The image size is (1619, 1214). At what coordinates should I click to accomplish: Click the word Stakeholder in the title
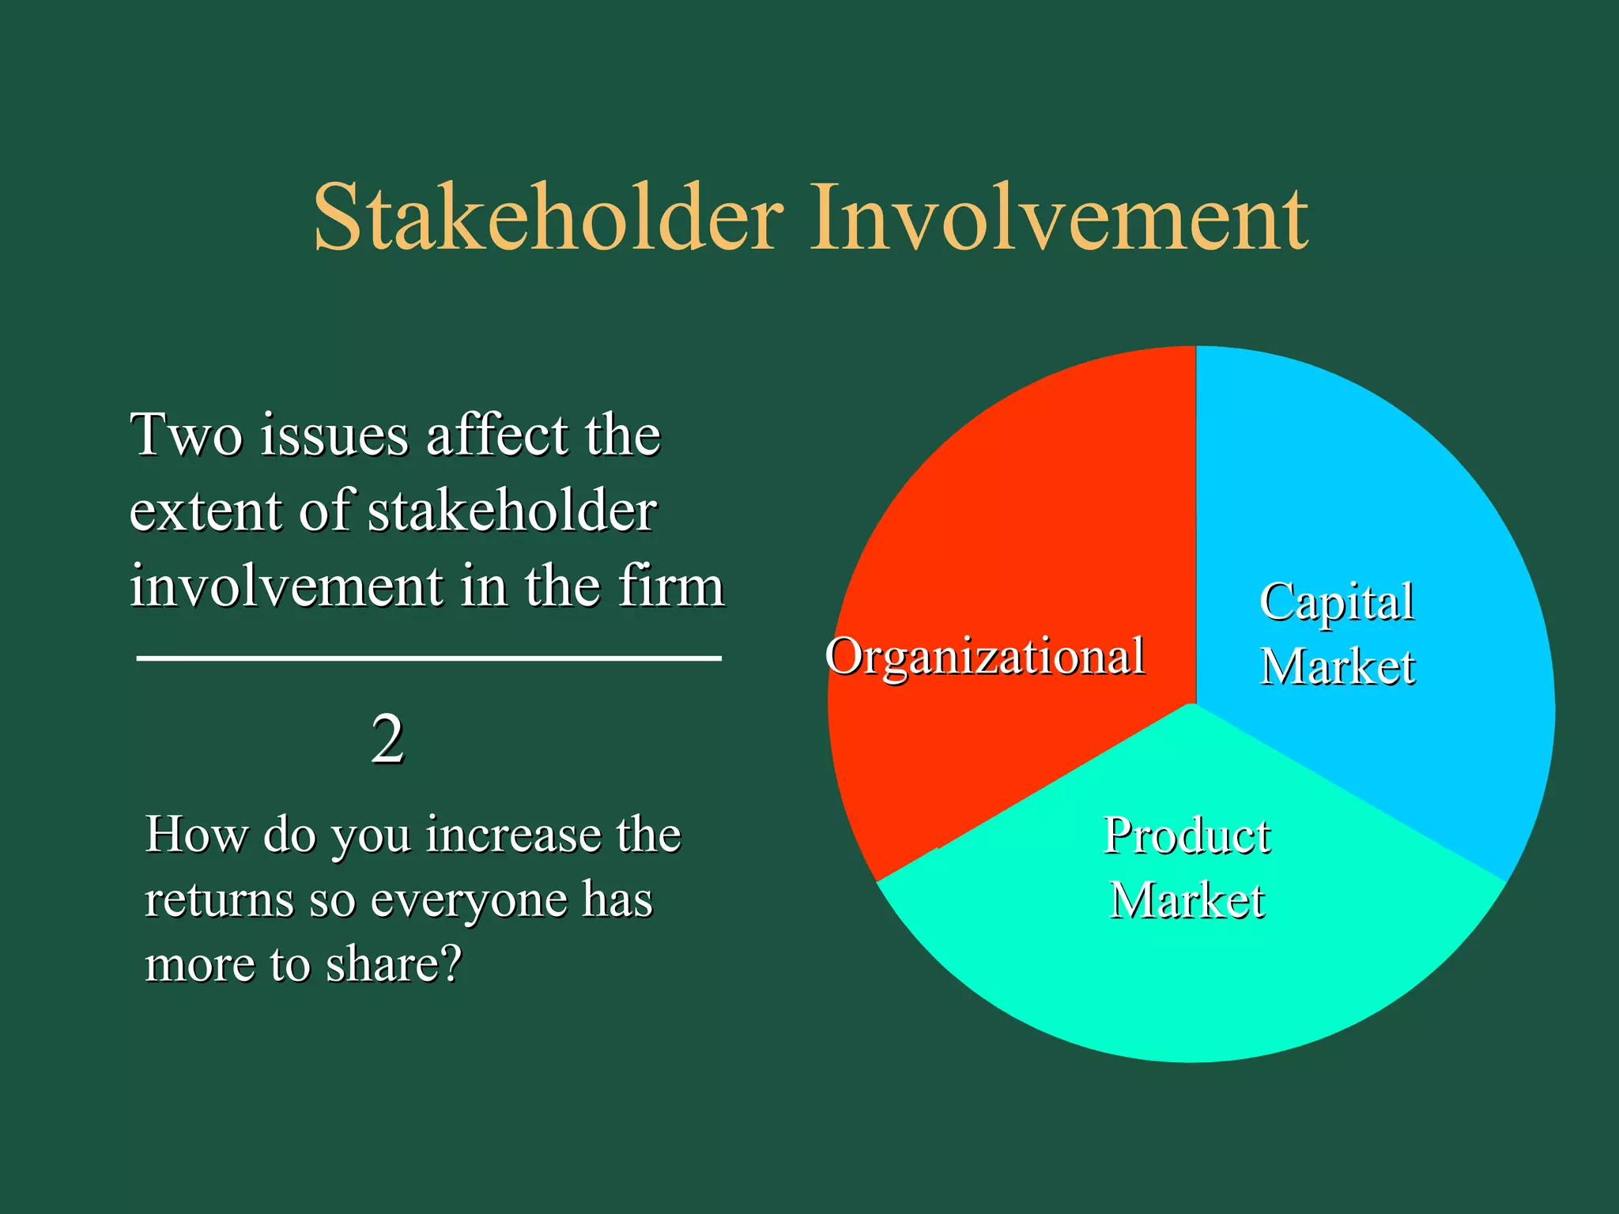549,217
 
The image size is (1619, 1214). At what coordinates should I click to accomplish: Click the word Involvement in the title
1059,217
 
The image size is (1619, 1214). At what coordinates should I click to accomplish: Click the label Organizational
984,656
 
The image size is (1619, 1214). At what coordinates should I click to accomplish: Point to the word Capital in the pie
1336,602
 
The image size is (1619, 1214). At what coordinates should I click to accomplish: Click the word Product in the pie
1186,835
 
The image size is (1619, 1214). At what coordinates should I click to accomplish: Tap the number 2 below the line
387,740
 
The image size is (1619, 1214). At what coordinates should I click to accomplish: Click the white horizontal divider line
428,658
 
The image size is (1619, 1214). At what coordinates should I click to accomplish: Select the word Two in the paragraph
186,435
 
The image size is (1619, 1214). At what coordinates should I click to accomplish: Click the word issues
335,435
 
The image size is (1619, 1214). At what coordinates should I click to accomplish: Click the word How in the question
196,835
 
